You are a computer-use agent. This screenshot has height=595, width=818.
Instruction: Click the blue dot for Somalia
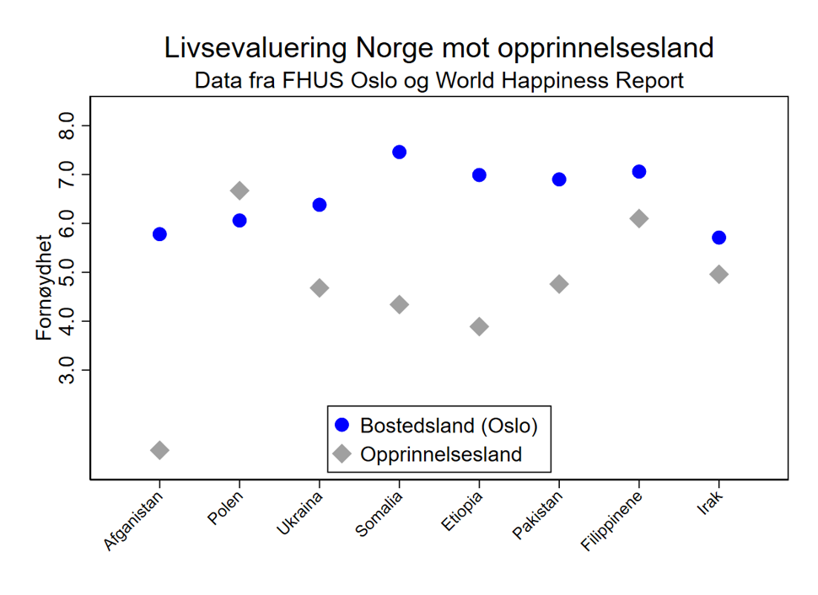click(x=399, y=152)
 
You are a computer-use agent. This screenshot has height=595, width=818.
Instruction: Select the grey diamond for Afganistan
click(x=159, y=450)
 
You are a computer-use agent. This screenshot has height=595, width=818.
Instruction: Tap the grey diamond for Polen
click(x=239, y=190)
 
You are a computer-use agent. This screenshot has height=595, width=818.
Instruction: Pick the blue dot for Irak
click(x=718, y=238)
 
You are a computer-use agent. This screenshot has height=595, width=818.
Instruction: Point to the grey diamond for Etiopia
click(x=479, y=327)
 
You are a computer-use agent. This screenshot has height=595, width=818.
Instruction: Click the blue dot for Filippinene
click(x=638, y=172)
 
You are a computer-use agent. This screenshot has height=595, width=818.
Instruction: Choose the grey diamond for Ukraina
click(x=320, y=288)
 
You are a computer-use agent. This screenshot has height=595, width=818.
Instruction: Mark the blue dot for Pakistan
click(x=558, y=180)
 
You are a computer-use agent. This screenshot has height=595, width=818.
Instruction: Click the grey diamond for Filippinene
click(x=638, y=219)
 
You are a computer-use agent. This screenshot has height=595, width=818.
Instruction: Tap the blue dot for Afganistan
click(x=159, y=234)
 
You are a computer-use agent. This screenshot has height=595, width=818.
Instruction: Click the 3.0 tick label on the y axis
click(x=67, y=370)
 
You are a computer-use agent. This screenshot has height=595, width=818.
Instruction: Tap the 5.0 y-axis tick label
click(x=67, y=272)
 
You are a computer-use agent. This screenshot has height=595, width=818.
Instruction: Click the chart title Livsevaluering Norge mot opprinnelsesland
click(x=439, y=48)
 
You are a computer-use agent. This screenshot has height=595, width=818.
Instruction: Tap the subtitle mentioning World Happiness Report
click(x=439, y=81)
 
